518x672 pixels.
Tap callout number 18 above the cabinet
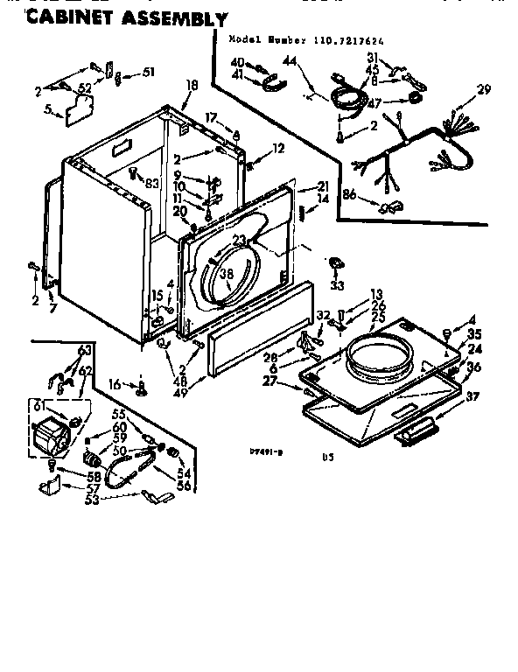click(192, 85)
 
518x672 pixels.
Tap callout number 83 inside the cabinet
click(152, 182)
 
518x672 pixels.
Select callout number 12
click(278, 148)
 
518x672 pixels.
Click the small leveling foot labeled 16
click(141, 384)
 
